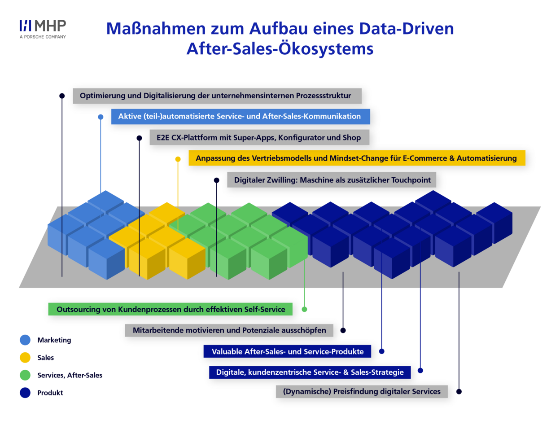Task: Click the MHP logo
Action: click(x=43, y=29)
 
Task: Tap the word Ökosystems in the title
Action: click(x=326, y=49)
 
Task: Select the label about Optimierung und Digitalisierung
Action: click(x=217, y=96)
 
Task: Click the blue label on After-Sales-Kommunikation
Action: click(x=241, y=117)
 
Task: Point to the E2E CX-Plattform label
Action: click(x=259, y=137)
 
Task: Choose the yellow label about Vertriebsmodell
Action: click(x=357, y=158)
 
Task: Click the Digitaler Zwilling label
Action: click(x=332, y=180)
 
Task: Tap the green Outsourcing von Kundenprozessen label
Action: click(x=171, y=309)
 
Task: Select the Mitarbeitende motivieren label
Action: click(x=229, y=330)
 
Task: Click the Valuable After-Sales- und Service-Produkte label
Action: click(x=287, y=351)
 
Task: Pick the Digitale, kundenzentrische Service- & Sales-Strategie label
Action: click(x=310, y=372)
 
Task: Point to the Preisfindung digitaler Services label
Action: click(x=362, y=392)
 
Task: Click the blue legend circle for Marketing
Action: click(x=25, y=340)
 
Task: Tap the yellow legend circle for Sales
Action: click(x=25, y=357)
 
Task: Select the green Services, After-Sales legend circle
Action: click(x=25, y=375)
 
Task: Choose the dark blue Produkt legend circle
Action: click(x=25, y=393)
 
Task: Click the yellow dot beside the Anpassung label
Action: click(x=178, y=159)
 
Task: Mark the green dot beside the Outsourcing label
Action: click(x=304, y=309)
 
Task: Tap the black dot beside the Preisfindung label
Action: click(x=459, y=392)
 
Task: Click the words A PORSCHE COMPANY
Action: click(x=43, y=37)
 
